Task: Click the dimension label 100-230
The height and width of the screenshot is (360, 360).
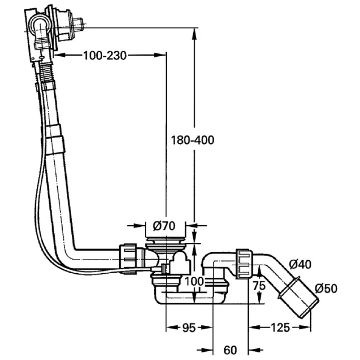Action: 104,55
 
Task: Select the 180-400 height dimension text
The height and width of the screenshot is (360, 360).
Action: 193,140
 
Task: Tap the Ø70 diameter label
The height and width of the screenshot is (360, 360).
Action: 163,225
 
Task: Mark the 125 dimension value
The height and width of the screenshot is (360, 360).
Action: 280,328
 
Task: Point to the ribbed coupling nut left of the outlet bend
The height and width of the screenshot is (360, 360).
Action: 243,264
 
